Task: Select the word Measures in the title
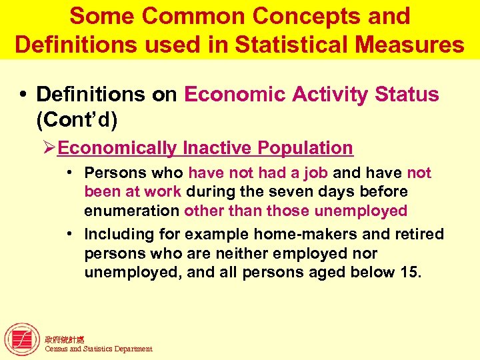(409, 45)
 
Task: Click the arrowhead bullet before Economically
(49, 148)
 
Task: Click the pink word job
(315, 173)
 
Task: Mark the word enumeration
(132, 211)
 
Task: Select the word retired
(419, 235)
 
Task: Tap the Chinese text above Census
(65, 339)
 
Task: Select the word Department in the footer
(133, 349)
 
